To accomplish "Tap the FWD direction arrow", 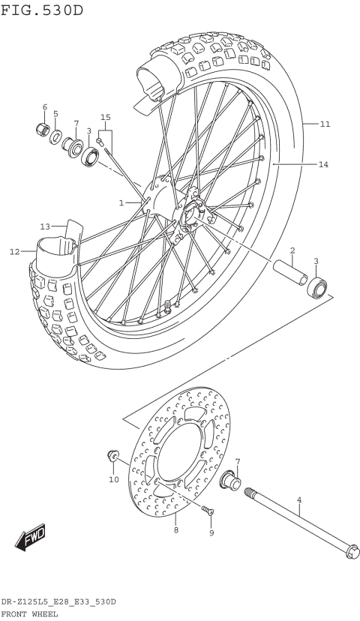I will tap(31, 537).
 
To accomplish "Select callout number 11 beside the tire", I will tap(324, 124).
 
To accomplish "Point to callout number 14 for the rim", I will tap(324, 163).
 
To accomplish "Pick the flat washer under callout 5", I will tap(56, 136).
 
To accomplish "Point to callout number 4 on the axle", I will tap(298, 499).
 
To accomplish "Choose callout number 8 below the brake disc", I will tap(175, 529).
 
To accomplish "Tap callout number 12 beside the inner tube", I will tap(14, 252).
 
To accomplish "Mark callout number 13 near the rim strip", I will tap(45, 226).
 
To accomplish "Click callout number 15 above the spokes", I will tap(106, 117).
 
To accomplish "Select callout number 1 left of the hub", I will tap(121, 202).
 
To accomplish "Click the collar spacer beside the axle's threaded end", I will tap(229, 481).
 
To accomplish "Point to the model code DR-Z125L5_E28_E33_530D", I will tap(58, 602).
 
